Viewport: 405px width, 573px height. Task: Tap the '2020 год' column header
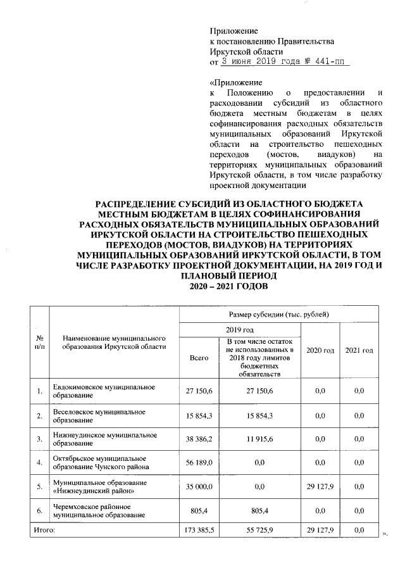[320, 350]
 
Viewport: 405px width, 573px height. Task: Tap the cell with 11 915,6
[260, 439]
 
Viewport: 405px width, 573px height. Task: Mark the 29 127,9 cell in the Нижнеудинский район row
[320, 487]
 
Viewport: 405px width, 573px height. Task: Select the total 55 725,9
[260, 529]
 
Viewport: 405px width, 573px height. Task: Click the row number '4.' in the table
[39, 463]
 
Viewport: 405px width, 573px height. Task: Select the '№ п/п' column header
[39, 342]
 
